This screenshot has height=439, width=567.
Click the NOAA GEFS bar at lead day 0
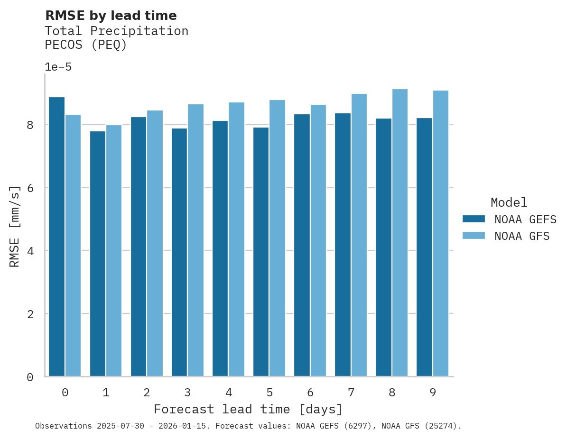point(56,237)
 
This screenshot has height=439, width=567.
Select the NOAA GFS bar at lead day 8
point(400,232)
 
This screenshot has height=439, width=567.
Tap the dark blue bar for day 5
point(261,251)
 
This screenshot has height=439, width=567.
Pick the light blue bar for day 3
point(195,240)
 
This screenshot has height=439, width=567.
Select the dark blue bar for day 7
point(343,245)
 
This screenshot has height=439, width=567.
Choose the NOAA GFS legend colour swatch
point(474,236)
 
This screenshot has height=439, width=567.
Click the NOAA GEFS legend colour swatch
point(474,219)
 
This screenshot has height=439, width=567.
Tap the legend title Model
point(509,203)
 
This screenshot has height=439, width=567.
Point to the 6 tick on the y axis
point(30,188)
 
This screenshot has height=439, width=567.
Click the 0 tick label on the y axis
point(30,377)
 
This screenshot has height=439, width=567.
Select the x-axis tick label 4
point(229,393)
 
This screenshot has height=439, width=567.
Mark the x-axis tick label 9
point(433,393)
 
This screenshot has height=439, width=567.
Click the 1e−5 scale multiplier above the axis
point(58,67)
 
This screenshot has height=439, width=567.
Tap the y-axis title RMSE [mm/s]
point(15,227)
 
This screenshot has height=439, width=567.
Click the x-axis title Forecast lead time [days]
point(248,409)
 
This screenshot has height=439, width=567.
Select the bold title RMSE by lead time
point(111,16)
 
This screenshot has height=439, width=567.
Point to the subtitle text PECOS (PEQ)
point(86,45)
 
